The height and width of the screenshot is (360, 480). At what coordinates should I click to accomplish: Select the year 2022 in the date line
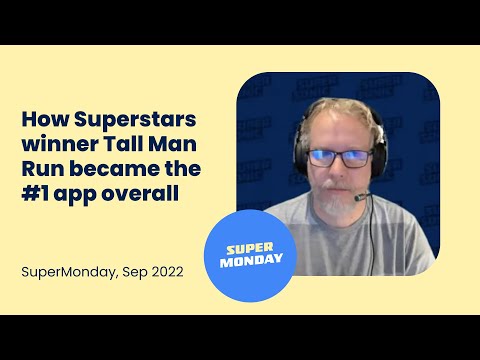coord(164,272)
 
